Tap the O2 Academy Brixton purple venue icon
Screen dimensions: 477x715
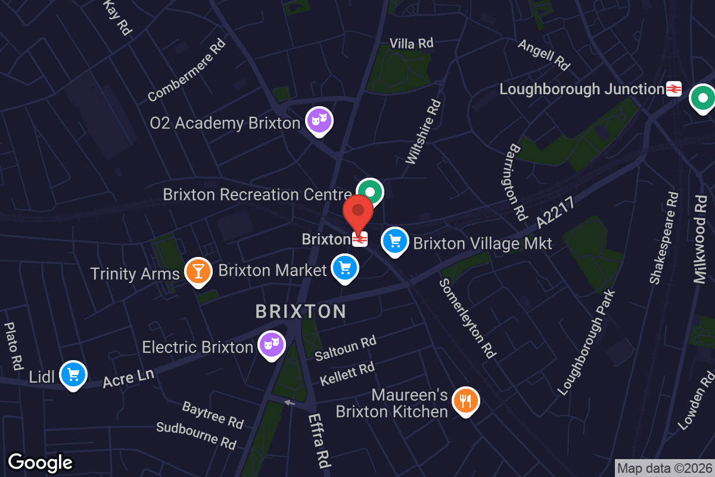319,121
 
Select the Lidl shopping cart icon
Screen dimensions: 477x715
74,375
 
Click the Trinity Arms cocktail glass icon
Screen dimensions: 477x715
198,271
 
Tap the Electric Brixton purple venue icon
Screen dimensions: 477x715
272,345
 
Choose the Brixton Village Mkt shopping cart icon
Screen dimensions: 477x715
394,241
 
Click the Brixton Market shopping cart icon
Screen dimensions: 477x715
344,268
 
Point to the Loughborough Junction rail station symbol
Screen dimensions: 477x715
674,89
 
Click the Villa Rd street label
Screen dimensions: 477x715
411,43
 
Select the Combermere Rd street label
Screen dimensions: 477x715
186,70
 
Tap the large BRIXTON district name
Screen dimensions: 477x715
301,311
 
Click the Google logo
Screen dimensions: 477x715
40,463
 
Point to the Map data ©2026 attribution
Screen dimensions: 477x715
664,468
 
